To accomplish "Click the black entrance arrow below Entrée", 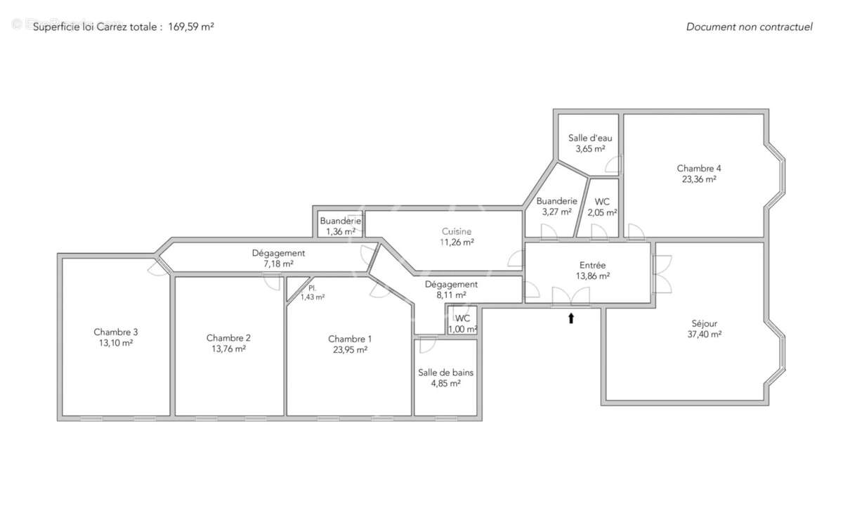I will tap(571, 318).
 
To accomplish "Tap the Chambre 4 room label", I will tap(698, 169).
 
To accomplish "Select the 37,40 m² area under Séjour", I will tap(704, 335).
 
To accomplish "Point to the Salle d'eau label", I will tap(590, 138).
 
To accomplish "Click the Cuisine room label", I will tap(457, 231).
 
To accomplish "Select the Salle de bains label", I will tap(445, 373).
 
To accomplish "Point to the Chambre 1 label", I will tap(350, 339).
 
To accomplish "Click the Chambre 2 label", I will tap(228, 337).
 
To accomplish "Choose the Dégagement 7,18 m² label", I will tap(278, 253).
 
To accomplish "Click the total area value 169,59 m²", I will tap(191, 27).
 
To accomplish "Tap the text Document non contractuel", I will tap(749, 27).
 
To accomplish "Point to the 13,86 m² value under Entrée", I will tap(592, 276).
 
